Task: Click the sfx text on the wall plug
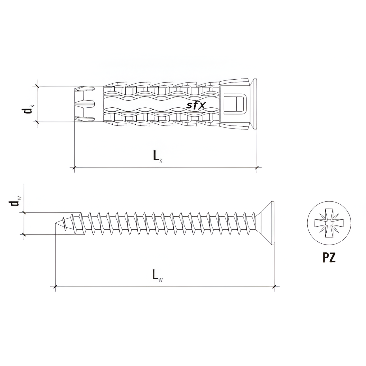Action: coord(196,106)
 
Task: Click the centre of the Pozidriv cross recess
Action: coord(329,223)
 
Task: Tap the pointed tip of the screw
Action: coord(55,223)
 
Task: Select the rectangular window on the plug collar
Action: coord(235,104)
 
